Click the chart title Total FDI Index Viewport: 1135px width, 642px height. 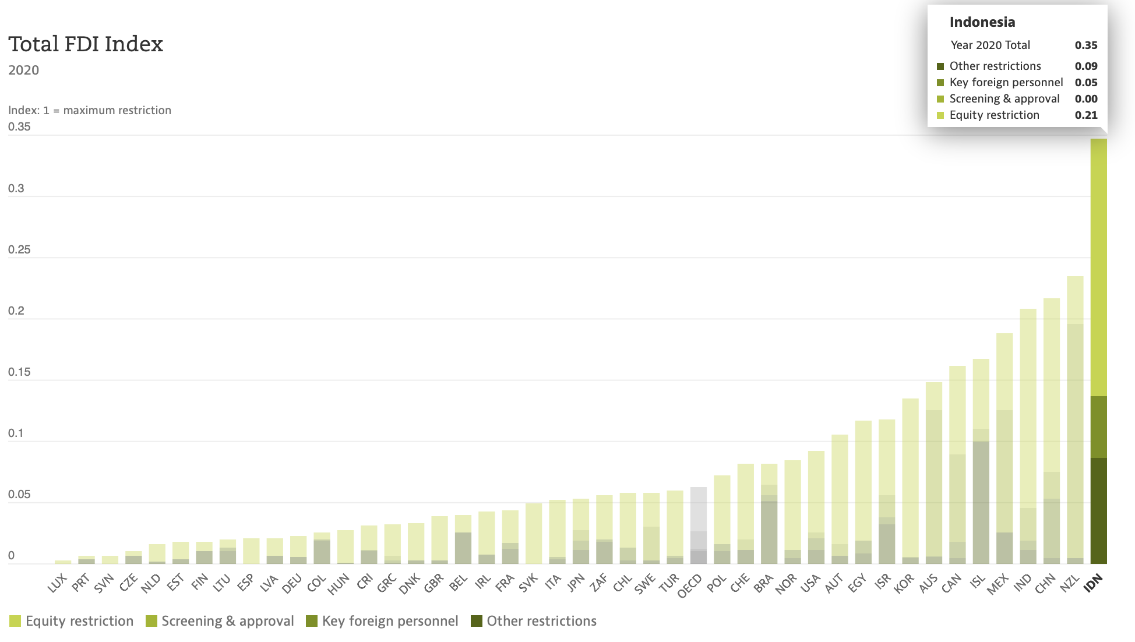pos(86,44)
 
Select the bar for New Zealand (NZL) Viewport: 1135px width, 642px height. pos(1075,419)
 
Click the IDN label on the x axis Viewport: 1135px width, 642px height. pos(1093,583)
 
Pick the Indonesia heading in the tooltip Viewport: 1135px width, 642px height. pos(982,22)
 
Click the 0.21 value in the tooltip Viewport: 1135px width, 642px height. pos(1086,115)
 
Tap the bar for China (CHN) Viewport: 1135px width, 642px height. pos(1052,431)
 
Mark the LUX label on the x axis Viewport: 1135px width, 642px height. pos(58,583)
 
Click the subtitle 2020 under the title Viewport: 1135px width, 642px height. pos(23,70)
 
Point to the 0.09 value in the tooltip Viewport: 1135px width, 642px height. pos(1086,66)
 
